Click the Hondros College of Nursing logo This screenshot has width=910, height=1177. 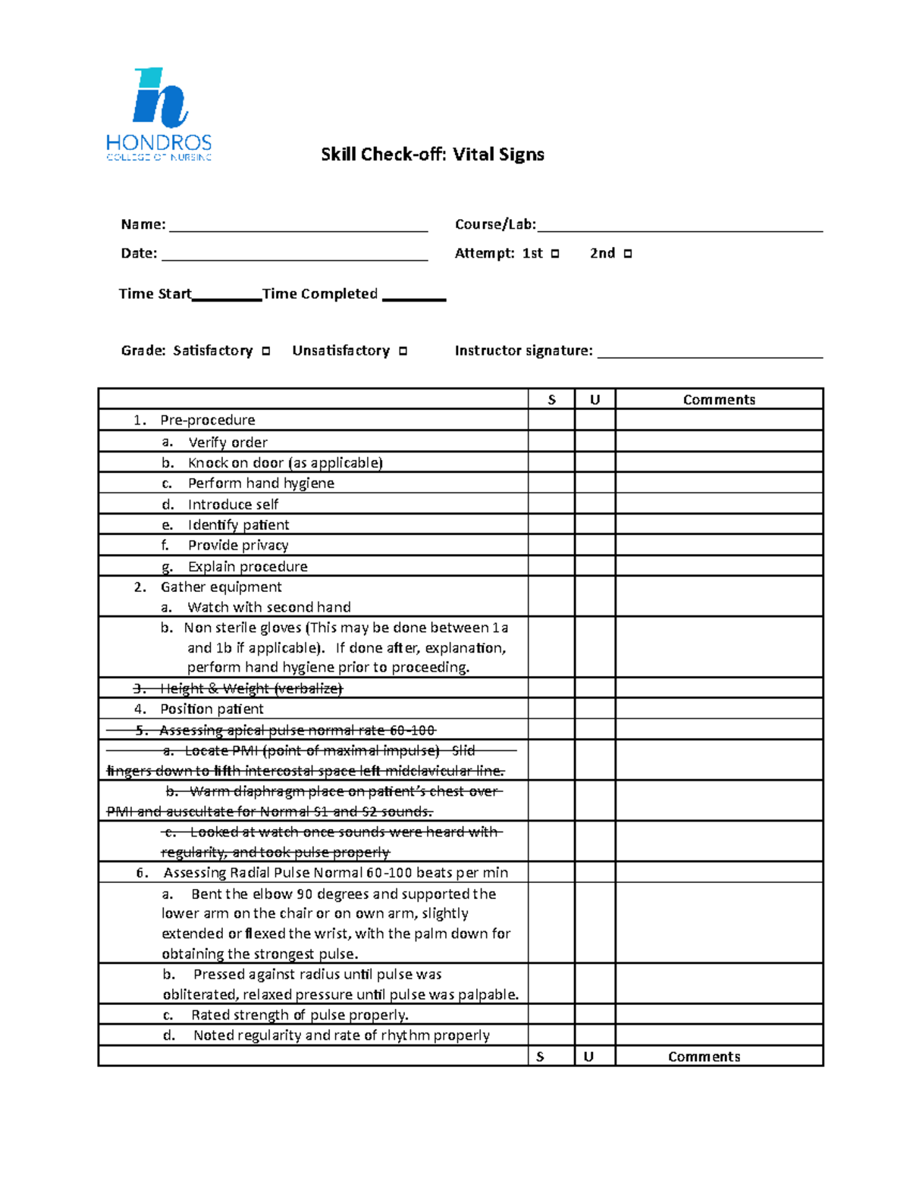158,114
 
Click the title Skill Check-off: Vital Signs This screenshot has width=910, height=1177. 432,155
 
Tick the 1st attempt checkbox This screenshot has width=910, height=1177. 555,254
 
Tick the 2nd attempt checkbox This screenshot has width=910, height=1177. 627,254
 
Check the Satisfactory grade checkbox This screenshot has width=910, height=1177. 266,351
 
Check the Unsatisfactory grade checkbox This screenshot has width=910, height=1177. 403,351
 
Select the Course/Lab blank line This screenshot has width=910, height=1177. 679,227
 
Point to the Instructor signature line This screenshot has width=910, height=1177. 710,352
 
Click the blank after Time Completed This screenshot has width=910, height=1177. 414,296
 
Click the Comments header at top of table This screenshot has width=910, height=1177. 719,399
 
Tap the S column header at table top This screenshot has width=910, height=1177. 551,399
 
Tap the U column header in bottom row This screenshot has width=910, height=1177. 588,1056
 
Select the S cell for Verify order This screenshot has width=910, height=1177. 551,442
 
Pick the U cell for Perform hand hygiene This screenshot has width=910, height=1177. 595,483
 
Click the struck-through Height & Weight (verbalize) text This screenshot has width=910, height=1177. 251,688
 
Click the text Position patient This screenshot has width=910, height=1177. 212,709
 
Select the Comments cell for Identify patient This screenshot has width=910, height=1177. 719,524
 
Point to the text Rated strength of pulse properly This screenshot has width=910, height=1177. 300,1015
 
